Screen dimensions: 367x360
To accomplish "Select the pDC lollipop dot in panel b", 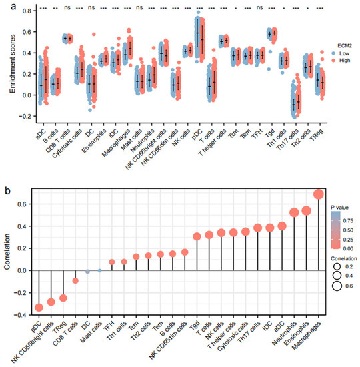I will [x=39, y=307].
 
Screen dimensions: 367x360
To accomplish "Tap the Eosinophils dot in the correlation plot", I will [x=306, y=211].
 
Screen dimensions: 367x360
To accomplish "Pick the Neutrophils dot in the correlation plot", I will [x=294, y=213].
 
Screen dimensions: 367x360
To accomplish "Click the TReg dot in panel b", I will [x=63, y=298].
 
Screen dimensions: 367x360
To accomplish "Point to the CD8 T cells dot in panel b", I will [x=75, y=280].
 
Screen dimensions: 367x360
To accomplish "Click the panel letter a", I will [x=5, y=5].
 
